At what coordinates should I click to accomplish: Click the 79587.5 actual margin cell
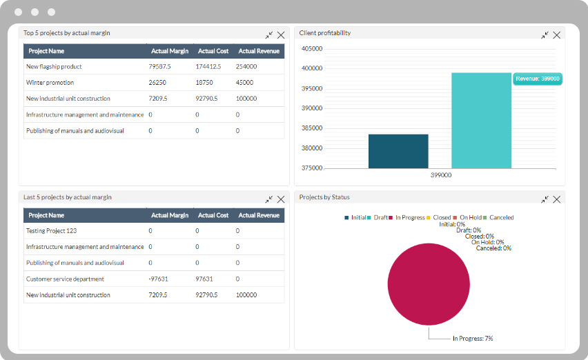[159, 67]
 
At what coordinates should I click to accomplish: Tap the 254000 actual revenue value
[246, 67]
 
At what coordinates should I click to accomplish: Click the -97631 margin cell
[159, 279]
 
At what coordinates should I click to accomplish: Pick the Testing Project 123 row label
[52, 231]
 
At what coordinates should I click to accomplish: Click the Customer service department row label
[65, 279]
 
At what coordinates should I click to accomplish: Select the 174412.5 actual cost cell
[208, 67]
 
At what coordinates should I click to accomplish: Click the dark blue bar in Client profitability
[398, 151]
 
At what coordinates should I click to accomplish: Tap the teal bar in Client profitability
[481, 121]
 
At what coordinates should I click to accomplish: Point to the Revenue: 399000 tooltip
[538, 79]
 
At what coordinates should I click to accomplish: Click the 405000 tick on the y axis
[312, 49]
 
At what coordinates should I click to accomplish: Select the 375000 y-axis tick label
[312, 168]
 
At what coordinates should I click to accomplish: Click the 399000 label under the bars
[441, 176]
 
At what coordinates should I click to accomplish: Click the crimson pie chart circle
[428, 284]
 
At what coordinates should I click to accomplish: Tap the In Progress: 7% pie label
[472, 339]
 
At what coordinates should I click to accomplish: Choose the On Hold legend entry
[470, 218]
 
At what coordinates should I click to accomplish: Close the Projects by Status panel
[557, 199]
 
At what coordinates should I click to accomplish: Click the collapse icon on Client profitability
[545, 34]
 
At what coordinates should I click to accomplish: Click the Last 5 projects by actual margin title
[68, 197]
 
